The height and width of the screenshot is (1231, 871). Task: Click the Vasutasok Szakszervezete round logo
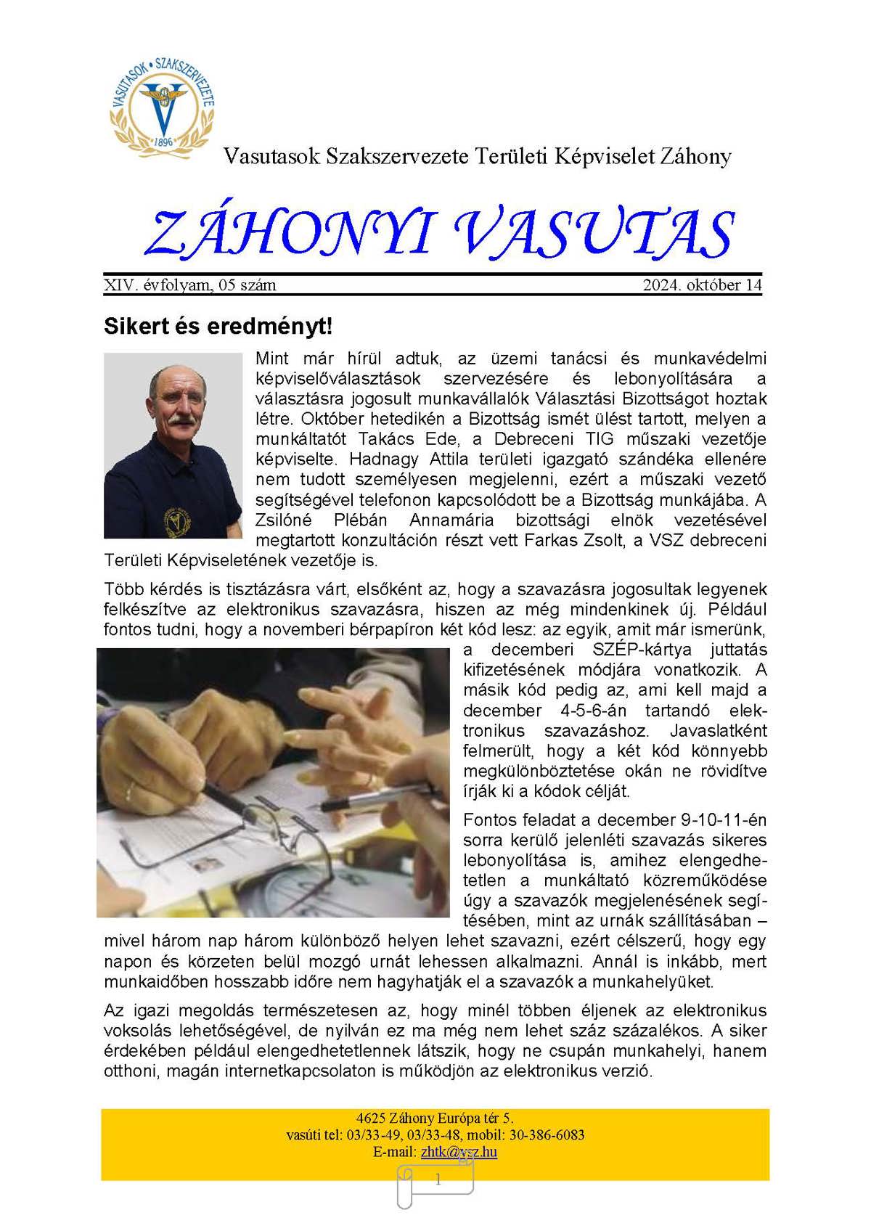pyautogui.click(x=163, y=105)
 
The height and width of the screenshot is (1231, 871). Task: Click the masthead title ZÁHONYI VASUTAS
pyautogui.click(x=439, y=234)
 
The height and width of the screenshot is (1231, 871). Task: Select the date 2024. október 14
pyautogui.click(x=702, y=285)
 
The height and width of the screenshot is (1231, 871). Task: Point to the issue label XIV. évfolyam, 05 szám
pyautogui.click(x=190, y=285)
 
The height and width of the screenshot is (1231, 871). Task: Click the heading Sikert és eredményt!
pyautogui.click(x=218, y=326)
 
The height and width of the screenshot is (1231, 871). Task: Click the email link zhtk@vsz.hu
pyautogui.click(x=459, y=1152)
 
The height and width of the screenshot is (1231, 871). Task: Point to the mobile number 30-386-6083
pyautogui.click(x=545, y=1135)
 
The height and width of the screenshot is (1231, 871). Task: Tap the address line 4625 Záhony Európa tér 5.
pyautogui.click(x=435, y=1118)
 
